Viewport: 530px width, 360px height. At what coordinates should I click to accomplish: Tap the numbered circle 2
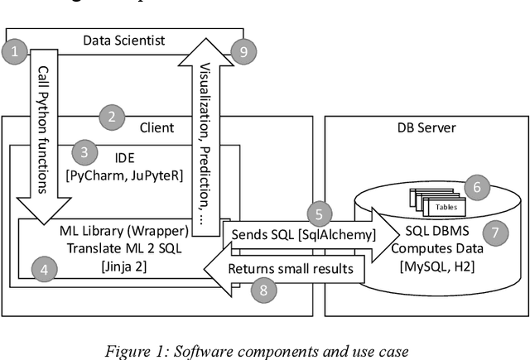113,117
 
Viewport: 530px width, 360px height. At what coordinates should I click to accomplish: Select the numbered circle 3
84,151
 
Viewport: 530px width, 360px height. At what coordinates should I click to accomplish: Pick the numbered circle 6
475,188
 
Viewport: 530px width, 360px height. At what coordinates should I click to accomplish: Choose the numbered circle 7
495,233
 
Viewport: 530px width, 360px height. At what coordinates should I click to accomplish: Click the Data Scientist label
125,39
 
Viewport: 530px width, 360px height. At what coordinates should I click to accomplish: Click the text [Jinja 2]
123,266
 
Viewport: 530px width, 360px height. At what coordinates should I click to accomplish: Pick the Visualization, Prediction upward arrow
203,124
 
